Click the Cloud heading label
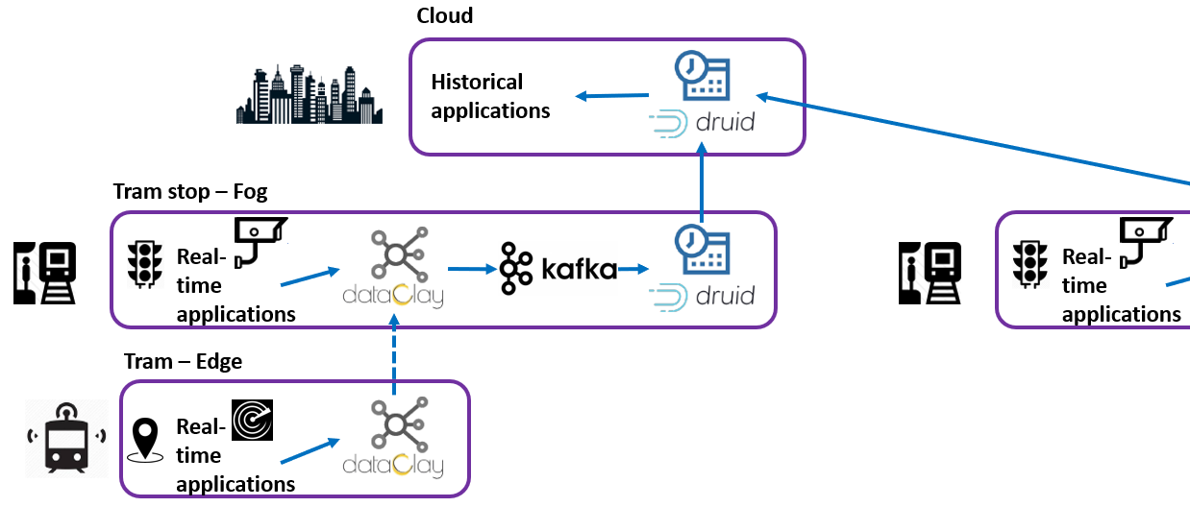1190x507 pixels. [x=444, y=16]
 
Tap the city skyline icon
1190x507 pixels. [x=310, y=96]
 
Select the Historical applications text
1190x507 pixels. [x=490, y=96]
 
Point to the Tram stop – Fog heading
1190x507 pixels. [x=190, y=192]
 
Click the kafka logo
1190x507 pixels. [x=558, y=268]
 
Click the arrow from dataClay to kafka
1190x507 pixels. [x=470, y=269]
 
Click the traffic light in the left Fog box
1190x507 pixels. [x=146, y=262]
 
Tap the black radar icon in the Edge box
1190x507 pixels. [x=253, y=419]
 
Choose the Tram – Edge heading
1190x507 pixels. [x=183, y=361]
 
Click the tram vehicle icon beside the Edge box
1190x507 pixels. [x=65, y=438]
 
